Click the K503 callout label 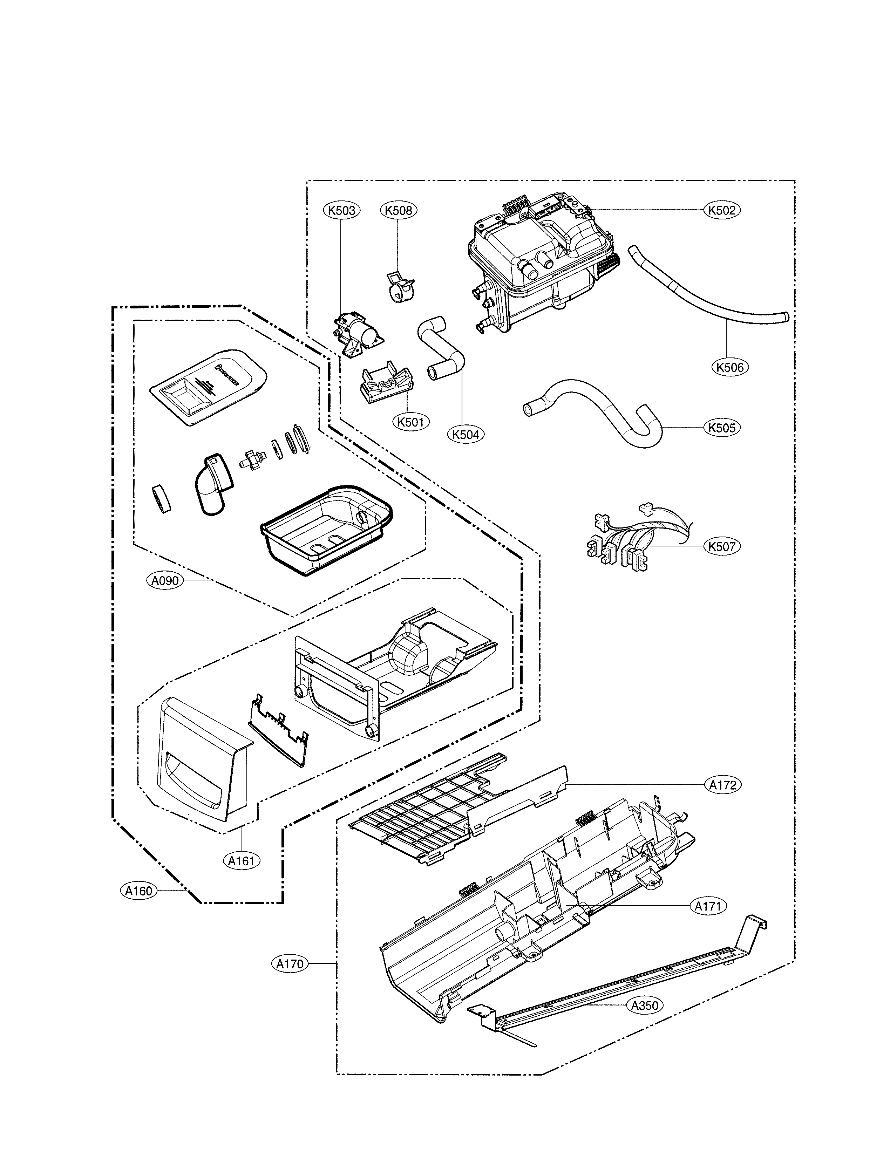pos(341,210)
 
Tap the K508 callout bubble pos(399,210)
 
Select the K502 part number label pos(722,210)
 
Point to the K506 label pos(730,367)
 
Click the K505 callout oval pos(722,428)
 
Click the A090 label pos(164,581)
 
